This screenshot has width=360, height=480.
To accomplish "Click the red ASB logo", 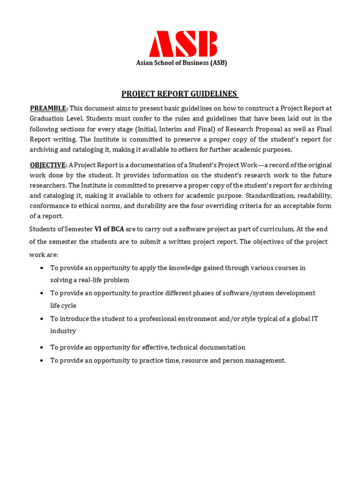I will [183, 44].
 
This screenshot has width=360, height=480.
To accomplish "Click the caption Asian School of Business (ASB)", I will [181, 63].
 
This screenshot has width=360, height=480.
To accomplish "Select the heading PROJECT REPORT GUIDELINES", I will [180, 94].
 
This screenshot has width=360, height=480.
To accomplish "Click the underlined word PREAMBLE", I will [49, 108].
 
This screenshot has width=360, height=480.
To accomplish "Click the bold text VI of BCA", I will [109, 229].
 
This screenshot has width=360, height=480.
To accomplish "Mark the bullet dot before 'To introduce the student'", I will [42, 319].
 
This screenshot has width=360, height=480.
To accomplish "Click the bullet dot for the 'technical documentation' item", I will [42, 348].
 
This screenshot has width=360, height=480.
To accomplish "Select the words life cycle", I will [63, 306].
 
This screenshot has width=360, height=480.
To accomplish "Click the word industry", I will [63, 331].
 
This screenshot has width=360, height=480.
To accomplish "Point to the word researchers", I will [48, 186].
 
